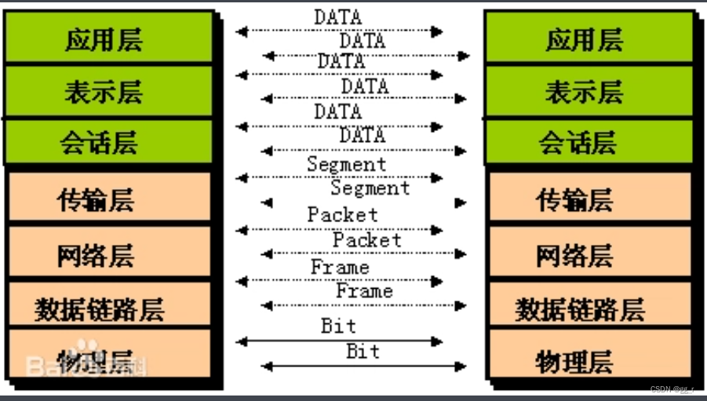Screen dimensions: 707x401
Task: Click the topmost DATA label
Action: [x=337, y=16]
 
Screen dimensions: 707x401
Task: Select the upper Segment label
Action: [x=346, y=164]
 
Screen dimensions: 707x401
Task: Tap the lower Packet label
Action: [x=366, y=240]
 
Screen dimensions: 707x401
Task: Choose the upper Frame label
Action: [x=340, y=268]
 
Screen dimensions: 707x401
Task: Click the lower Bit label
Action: [x=363, y=351]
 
